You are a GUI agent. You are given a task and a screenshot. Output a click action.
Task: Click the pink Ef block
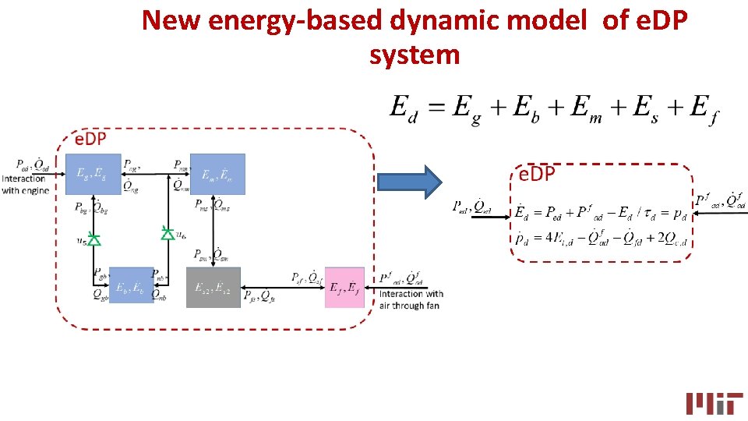[344, 288]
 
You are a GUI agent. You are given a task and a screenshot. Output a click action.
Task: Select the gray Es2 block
[213, 288]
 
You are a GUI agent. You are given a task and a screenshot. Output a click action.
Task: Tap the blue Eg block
[93, 174]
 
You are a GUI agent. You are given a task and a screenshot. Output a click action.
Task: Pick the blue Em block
[217, 174]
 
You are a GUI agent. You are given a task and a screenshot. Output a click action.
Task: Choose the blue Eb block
[131, 285]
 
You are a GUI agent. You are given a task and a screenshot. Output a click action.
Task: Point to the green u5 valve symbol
[93, 239]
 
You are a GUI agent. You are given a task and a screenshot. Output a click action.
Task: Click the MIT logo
[714, 402]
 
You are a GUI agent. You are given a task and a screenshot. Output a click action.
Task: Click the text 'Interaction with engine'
[23, 184]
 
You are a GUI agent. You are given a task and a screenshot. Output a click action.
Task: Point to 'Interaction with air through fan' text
[410, 300]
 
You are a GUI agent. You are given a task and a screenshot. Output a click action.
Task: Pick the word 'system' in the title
[415, 55]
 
